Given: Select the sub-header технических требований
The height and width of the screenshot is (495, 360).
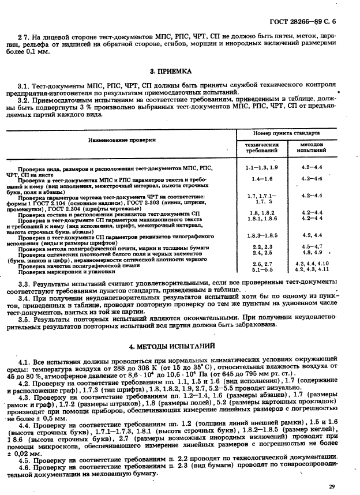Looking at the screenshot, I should tap(262, 149).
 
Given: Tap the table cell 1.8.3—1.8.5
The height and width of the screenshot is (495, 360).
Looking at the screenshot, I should tap(262, 235).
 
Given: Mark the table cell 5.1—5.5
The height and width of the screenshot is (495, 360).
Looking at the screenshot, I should tap(262, 269).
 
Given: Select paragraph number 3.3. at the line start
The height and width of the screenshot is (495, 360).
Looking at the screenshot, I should tap(24, 284).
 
